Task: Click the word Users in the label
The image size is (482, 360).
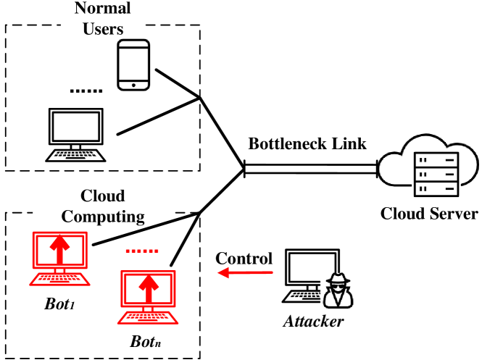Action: pos(102,28)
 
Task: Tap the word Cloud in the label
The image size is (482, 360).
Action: pos(102,197)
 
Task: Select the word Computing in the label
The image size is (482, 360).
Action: pos(102,215)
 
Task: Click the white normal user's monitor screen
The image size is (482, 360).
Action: pos(75,127)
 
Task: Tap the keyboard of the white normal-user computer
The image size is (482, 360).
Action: pos(75,154)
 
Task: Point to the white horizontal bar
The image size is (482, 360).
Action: pos(310,169)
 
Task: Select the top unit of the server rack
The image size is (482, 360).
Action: pos(436,160)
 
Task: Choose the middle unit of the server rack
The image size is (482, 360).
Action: pos(436,174)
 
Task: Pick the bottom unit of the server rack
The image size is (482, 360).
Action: pos(436,188)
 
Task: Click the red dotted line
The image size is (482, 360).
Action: pos(142,251)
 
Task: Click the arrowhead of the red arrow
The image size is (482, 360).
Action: pos(223,272)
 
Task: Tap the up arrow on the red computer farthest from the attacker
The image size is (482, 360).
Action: pos(59,248)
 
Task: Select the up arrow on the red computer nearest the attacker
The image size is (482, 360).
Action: pos(148,288)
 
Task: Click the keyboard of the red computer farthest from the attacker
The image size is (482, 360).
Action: pos(59,279)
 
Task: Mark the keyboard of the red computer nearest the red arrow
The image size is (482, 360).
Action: pos(148,317)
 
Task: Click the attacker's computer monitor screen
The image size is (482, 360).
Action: pos(312,267)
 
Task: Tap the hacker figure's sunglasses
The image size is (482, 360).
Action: pos(338,287)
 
